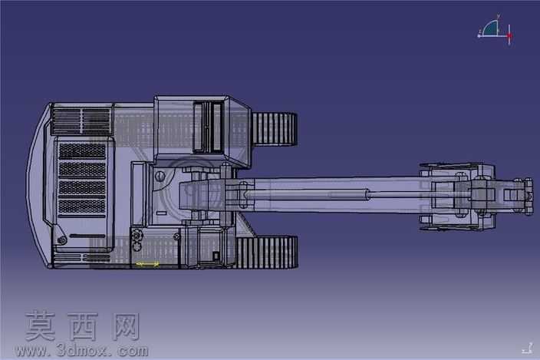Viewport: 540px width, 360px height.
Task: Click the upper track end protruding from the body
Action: click(275, 129)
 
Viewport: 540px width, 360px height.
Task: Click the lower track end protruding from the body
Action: click(267, 253)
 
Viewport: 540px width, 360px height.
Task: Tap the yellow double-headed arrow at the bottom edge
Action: click(147, 264)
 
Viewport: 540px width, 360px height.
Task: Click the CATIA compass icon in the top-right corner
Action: click(495, 30)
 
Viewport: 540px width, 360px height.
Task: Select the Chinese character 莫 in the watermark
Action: click(41, 326)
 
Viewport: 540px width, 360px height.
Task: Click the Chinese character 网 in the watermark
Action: click(126, 326)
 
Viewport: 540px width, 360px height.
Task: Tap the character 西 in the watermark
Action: click(83, 326)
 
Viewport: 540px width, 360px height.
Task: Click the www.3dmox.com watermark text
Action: click(81, 351)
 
